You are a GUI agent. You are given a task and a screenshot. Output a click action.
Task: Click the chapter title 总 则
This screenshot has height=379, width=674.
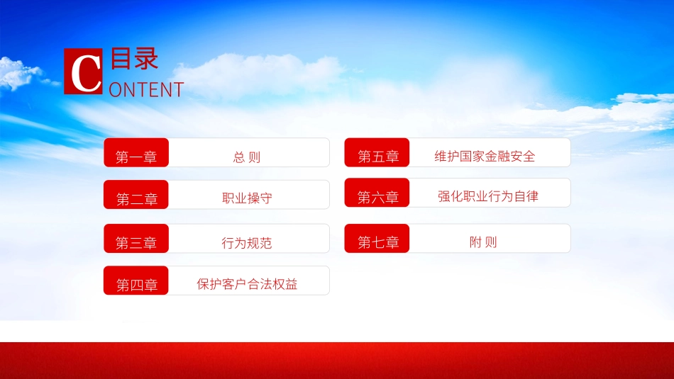point(247,157)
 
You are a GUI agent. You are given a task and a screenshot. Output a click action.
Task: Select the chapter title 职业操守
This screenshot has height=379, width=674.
point(247,198)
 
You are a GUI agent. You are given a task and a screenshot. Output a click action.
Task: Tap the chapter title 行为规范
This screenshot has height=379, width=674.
point(247,243)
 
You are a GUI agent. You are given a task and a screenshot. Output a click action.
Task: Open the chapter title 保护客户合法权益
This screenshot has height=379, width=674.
point(247,285)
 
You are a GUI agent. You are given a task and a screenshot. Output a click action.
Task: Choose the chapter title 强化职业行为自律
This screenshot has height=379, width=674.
point(488,196)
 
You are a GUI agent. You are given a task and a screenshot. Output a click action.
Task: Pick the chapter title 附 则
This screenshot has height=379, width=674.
point(483,242)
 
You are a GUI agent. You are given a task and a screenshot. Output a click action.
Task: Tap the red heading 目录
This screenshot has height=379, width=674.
point(135,60)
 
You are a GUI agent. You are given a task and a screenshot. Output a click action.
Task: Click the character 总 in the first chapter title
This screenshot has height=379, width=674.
point(239,157)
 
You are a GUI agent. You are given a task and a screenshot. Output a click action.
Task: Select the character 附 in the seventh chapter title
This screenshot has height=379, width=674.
point(475,242)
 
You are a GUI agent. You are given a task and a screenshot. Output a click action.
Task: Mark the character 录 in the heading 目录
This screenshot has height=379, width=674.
point(146,60)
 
